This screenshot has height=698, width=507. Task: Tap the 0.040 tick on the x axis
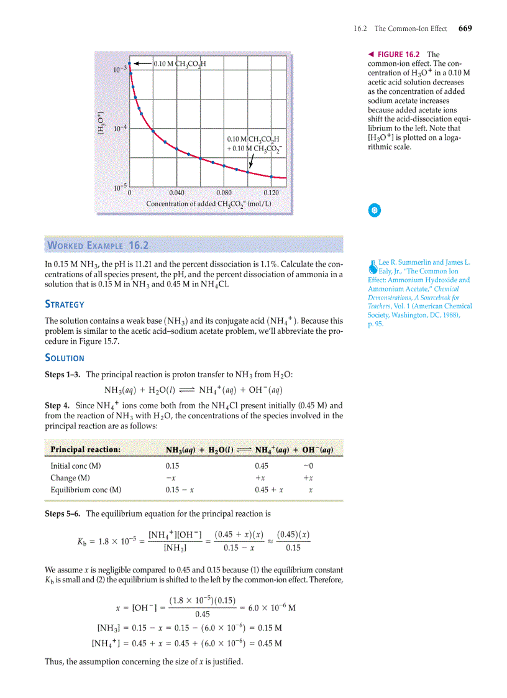click(176, 193)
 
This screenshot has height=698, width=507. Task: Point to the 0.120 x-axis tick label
click(271, 193)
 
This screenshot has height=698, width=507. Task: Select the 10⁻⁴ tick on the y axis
click(120, 127)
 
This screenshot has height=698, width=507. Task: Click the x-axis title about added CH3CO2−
click(209, 204)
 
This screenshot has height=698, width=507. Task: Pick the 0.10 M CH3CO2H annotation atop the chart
click(180, 63)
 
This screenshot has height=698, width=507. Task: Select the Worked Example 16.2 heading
click(98, 245)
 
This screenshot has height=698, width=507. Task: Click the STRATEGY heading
click(65, 305)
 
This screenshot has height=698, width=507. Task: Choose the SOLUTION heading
click(65, 358)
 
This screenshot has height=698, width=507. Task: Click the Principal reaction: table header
click(86, 449)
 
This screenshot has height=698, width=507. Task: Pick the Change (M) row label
click(70, 477)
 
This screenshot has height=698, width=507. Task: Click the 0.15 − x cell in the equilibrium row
click(180, 490)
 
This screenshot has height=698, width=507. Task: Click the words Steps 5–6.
click(63, 513)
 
